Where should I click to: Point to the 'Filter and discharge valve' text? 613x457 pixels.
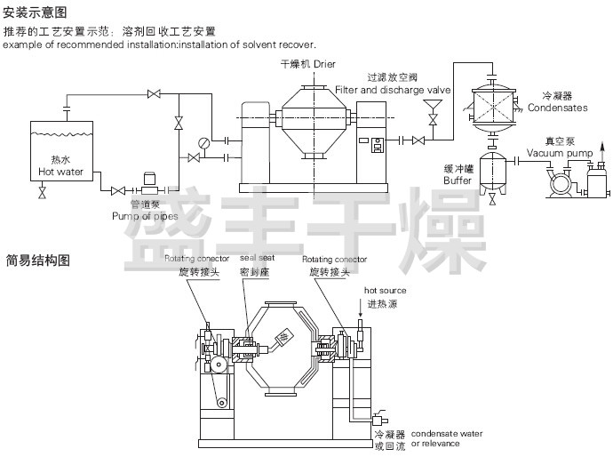tap(394, 90)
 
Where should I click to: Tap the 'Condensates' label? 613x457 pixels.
tap(557, 108)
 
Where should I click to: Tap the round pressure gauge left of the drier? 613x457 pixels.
tap(204, 142)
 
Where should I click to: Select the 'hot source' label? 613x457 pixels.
tap(384, 291)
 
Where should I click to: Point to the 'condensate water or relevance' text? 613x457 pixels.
tap(446, 437)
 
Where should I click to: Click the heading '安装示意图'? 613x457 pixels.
tap(36, 13)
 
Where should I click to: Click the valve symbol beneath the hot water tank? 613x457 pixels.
tap(42, 192)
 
